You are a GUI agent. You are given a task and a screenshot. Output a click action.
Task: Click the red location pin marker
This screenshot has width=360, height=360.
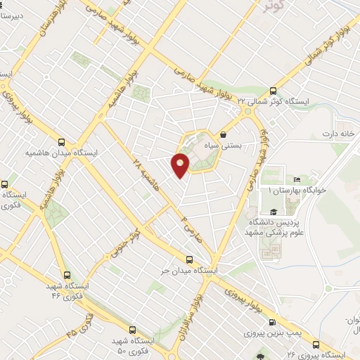pyautogui.click(x=181, y=164)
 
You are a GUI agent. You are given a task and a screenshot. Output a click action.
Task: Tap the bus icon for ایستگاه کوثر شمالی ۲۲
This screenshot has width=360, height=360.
pyautogui.click(x=273, y=91)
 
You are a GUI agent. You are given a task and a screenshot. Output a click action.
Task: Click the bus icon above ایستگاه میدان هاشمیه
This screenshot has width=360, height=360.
pyautogui.click(x=62, y=141)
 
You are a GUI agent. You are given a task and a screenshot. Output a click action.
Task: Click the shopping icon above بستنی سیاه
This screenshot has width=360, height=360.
pyautogui.click(x=223, y=134)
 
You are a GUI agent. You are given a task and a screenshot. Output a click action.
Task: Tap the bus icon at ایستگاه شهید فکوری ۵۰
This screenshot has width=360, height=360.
pyautogui.click(x=131, y=328)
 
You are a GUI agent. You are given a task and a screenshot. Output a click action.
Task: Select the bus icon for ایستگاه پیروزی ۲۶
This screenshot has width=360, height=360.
pyautogui.click(x=316, y=345)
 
